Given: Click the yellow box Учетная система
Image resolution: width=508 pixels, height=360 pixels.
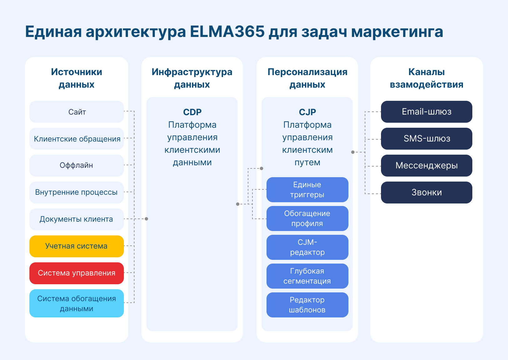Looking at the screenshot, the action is point(77,246).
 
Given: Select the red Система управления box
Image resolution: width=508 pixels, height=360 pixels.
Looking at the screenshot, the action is point(77,273).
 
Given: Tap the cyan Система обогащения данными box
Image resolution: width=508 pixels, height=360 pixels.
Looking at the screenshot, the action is point(77,303).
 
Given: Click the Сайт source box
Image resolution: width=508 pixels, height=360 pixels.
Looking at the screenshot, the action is point(77,112).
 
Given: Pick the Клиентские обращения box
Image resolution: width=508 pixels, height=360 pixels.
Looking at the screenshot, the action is point(77,139).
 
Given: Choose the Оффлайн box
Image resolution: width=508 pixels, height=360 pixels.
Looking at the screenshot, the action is point(77,166).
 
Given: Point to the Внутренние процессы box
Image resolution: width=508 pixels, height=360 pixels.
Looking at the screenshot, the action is point(77,193).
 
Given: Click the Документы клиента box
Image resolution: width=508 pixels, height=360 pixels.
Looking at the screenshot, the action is point(77,219).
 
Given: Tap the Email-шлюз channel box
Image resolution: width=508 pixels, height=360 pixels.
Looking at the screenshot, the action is point(427,112).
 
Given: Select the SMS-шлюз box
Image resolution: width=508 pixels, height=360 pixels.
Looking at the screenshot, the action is point(427,139).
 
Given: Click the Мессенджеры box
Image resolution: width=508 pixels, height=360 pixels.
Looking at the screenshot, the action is point(427,166).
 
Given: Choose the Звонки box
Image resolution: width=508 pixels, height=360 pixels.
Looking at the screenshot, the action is point(427,193).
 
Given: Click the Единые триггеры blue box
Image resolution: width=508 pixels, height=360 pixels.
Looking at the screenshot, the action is point(307,190).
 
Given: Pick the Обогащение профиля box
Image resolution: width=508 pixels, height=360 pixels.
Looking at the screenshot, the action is point(307,219).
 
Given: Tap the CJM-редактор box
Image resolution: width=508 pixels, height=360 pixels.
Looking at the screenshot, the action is point(307,247).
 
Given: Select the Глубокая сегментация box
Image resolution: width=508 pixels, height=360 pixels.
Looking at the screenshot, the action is point(307,276).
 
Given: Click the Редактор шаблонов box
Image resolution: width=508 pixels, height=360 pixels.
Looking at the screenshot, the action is point(307,305).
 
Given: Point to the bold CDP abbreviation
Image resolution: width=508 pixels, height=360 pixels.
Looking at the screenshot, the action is point(192,112).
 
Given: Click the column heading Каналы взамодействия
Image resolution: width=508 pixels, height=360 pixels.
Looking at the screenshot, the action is point(427,78).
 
